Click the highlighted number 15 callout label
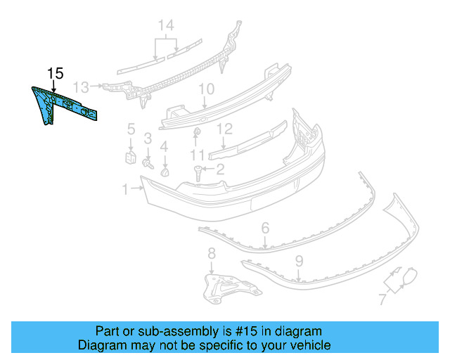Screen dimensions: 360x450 point(55,73)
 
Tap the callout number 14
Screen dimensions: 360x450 point(165,27)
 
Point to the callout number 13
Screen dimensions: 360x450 point(82,87)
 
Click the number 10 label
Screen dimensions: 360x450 point(205,89)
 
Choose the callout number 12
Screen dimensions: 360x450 point(224,129)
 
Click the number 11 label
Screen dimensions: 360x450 point(198,154)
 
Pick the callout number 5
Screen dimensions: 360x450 point(131,128)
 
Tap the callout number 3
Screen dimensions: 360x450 point(148,139)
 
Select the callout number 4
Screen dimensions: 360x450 point(164,146)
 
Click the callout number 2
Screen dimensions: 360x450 point(219,169)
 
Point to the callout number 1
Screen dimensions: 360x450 point(125,188)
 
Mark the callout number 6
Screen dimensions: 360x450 point(265,228)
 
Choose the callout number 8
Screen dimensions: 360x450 point(212,253)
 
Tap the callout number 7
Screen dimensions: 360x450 point(382,300)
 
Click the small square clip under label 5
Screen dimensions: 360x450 point(131,155)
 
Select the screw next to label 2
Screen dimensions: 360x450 point(198,171)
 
